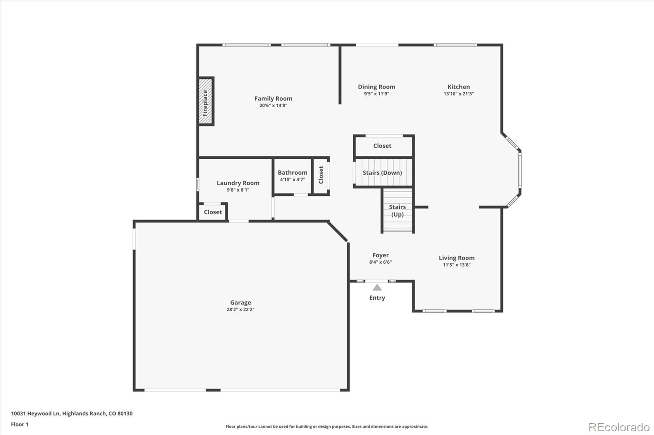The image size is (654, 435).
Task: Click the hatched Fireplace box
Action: coord(206,101)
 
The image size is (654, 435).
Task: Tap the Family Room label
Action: coord(273,98)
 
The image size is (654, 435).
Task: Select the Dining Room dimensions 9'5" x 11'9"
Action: coord(376,94)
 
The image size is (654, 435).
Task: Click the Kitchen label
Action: coord(459,87)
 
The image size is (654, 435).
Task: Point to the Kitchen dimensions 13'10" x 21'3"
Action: coord(459,94)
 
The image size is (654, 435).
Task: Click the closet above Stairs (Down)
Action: coord(383,146)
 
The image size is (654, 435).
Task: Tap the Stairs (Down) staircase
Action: coord(383,173)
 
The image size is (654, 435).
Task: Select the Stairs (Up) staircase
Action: coord(397,211)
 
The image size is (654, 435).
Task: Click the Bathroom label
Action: coord(292,173)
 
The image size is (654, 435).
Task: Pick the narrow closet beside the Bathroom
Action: coord(321,175)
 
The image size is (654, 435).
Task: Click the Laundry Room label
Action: coord(238,183)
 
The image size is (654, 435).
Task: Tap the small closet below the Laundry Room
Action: coord(213,212)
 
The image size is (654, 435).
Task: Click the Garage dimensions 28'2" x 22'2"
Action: coord(240,309)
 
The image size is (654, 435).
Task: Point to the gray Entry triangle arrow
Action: coord(377,288)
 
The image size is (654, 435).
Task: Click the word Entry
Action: coord(377,298)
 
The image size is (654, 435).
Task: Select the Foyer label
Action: coord(380,255)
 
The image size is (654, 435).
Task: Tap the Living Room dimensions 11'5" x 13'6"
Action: coord(457,265)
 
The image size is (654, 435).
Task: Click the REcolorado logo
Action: coord(618,427)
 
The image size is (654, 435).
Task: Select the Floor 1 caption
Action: coord(20,424)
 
